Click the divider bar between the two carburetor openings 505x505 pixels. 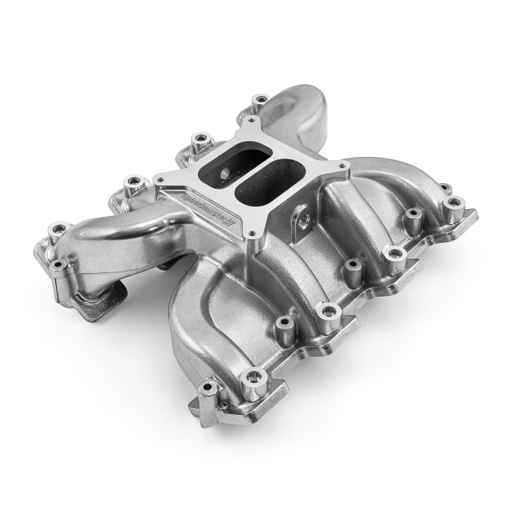point(260,161)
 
